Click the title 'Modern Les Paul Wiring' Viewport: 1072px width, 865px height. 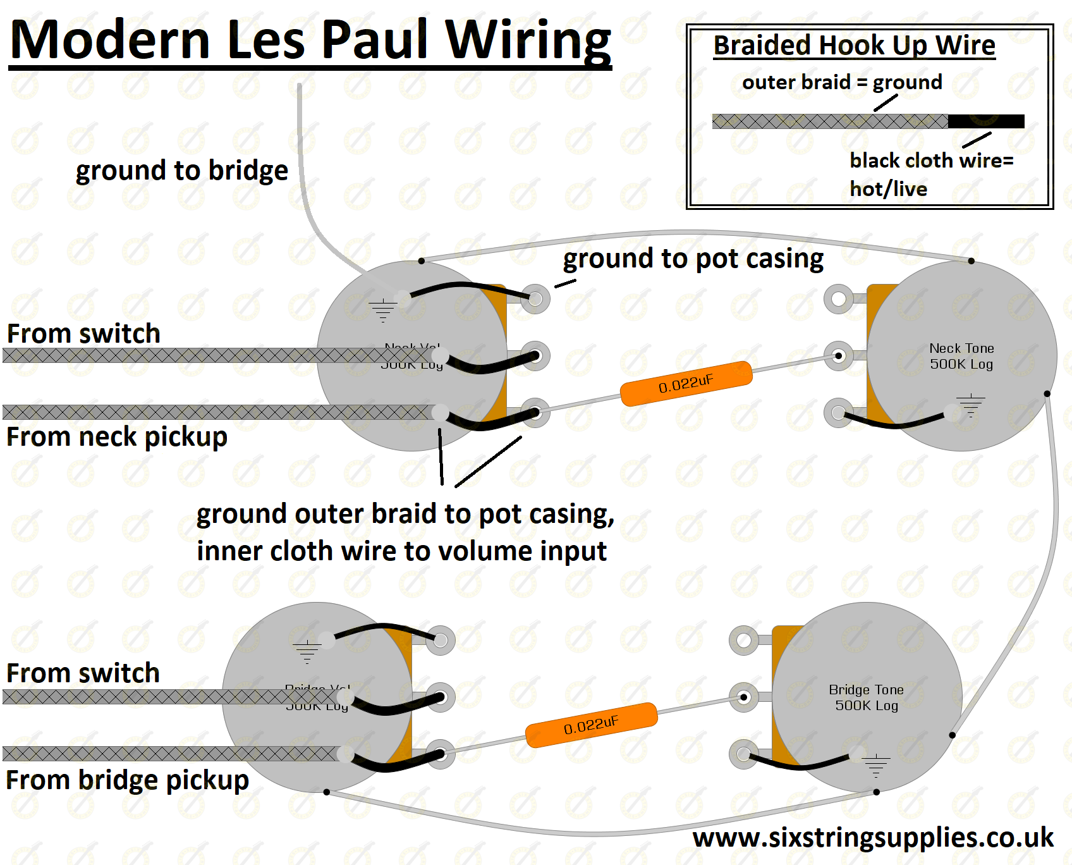310,40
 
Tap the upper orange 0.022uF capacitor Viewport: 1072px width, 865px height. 686,383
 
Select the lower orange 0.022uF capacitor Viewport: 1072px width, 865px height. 592,725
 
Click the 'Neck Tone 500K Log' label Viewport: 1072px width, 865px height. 961,356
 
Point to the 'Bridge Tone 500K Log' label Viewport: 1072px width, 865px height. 867,697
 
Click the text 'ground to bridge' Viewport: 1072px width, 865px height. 181,171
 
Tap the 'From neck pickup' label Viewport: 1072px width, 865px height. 117,437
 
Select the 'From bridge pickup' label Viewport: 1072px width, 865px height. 127,780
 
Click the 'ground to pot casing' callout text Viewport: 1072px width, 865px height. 693,259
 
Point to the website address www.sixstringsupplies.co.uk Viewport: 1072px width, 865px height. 873,838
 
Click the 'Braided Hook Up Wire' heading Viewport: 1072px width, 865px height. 854,46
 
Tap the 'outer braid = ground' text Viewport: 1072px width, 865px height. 841,82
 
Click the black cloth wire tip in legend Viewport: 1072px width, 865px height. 986,121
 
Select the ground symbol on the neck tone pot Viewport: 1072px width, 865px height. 970,405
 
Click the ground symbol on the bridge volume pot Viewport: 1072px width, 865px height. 307,651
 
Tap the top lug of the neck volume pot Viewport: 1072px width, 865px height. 535,298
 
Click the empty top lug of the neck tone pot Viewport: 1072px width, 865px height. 839,298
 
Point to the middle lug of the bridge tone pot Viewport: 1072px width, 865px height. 744,697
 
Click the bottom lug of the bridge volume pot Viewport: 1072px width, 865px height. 441,754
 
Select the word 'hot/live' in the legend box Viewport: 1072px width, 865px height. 888,189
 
